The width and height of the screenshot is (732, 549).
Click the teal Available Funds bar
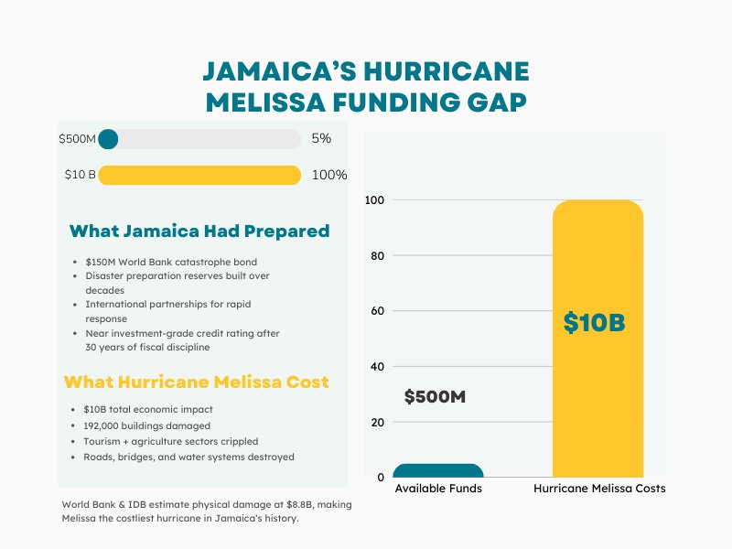(438, 471)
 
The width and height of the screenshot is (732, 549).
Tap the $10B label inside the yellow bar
(594, 323)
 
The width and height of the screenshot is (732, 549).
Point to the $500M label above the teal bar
(435, 397)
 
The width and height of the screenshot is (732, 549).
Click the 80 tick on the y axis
(376, 255)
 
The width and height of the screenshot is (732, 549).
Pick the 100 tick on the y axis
(373, 199)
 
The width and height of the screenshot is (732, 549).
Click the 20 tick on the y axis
(376, 422)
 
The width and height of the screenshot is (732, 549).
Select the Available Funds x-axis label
(438, 489)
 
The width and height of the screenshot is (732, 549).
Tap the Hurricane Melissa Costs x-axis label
(599, 489)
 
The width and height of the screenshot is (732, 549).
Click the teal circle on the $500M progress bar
(108, 139)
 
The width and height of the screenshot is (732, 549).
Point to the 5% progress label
(321, 139)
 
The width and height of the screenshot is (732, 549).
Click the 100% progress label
(329, 175)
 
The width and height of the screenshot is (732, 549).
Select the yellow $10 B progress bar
(199, 175)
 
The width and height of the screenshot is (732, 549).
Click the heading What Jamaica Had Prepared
(199, 231)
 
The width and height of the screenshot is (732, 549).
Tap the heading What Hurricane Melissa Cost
(196, 382)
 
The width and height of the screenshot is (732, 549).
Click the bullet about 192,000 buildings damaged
(146, 425)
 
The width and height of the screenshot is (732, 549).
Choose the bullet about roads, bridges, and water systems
(188, 457)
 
